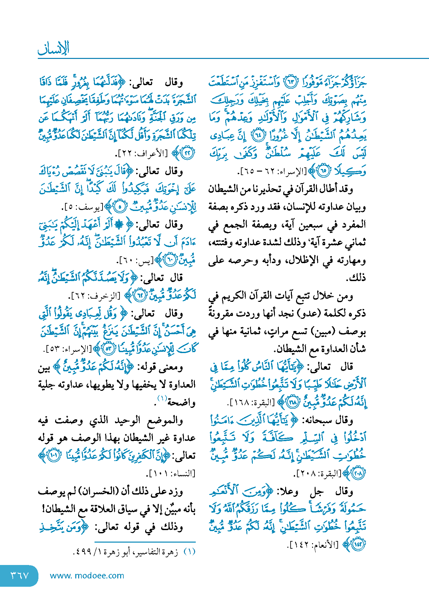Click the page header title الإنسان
pos(54,48)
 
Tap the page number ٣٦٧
pos(20,576)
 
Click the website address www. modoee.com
pos(87,576)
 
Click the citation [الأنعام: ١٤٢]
pos(313,544)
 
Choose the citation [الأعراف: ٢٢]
pos(141,153)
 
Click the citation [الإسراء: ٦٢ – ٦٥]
pos(272,171)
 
